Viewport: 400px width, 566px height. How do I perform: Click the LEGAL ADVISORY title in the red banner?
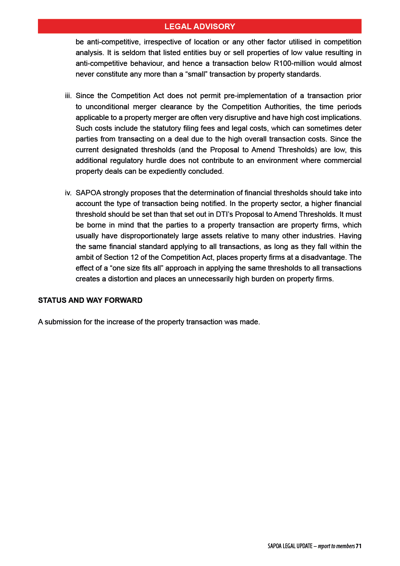click(199, 27)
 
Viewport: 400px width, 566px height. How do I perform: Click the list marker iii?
click(68, 96)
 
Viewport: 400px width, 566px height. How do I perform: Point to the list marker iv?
click(68, 193)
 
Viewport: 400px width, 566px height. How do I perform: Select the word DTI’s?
click(224, 214)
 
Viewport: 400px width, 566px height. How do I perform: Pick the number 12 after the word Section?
click(134, 257)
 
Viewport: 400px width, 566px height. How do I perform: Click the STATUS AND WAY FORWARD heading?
click(90, 300)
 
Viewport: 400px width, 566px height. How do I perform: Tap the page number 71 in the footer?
click(358, 546)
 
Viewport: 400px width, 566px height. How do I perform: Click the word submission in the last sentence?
click(63, 322)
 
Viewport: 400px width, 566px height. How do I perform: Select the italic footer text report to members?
click(336, 546)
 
